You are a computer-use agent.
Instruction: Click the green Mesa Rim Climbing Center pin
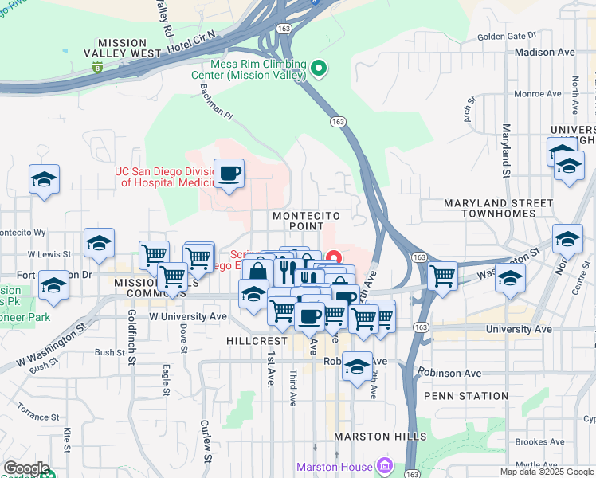[319, 69]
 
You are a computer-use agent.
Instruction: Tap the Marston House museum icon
[385, 465]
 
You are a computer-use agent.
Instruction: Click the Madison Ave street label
[545, 52]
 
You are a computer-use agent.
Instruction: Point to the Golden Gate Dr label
[507, 36]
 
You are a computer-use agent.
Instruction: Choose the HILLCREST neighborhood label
[254, 340]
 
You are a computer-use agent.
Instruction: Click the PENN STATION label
[466, 396]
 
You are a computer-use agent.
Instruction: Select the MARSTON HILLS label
[380, 437]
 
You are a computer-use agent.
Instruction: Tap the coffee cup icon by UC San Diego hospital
[229, 173]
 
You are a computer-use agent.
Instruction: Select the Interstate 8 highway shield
[96, 69]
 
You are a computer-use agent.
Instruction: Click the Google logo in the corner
[26, 468]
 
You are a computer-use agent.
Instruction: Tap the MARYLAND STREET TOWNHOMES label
[498, 210]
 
